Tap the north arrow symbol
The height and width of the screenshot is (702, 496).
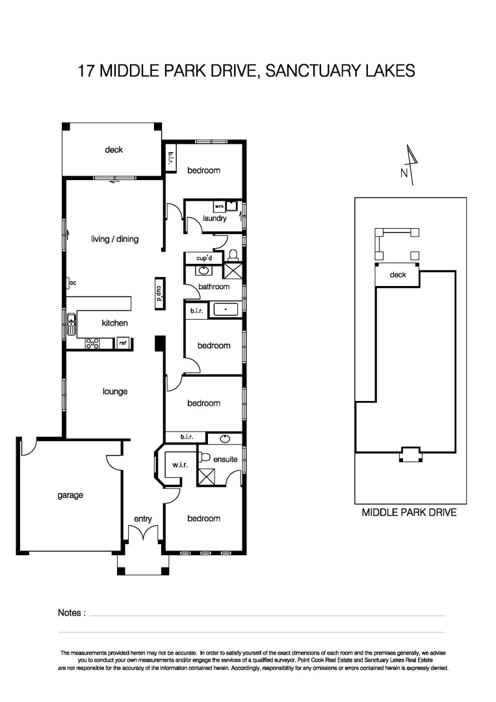tap(410, 162)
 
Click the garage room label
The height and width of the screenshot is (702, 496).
tap(70, 495)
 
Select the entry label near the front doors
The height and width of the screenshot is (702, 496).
tap(143, 519)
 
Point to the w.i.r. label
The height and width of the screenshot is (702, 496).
tap(180, 465)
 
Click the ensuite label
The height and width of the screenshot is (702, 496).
tap(226, 460)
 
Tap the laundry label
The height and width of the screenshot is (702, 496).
tap(215, 218)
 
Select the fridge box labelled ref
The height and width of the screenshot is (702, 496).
tap(123, 343)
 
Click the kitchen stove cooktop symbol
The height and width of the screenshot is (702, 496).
tap(92, 343)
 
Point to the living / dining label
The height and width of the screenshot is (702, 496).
tap(114, 239)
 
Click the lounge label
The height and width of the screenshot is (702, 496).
tap(115, 392)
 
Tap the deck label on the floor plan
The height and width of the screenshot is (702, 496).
tap(114, 150)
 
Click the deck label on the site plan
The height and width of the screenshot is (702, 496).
tap(398, 275)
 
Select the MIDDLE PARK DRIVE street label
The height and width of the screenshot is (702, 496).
tap(409, 513)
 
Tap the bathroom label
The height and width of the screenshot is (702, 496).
tap(214, 287)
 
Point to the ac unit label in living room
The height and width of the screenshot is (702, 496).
tap(73, 283)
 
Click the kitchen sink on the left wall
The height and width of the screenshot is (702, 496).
tap(70, 322)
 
